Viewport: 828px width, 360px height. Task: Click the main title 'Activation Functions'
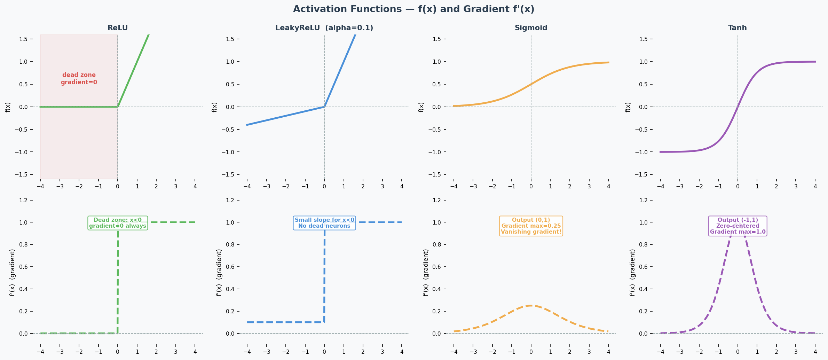[x=413, y=9]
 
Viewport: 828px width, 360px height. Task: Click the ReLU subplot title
[x=118, y=28]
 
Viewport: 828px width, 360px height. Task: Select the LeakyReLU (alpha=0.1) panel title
[x=324, y=28]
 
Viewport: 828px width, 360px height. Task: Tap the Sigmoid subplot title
[x=531, y=28]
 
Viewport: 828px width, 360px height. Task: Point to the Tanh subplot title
[x=737, y=28]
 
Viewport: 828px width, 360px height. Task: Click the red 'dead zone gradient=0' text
[x=79, y=79]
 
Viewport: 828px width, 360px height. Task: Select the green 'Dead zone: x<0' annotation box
[x=118, y=223]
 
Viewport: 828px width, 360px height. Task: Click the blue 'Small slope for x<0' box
[x=324, y=223]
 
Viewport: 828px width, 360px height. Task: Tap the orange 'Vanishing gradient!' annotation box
[x=531, y=226]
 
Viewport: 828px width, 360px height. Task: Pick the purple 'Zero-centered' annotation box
[x=738, y=226]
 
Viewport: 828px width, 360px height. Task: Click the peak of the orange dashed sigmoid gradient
[x=531, y=305]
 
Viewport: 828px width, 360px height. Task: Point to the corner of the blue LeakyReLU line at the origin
[x=324, y=107]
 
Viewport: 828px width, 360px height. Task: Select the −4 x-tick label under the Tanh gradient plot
[x=660, y=352]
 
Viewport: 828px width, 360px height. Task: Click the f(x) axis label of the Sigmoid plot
[x=421, y=107]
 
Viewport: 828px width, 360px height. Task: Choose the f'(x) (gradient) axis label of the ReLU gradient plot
[x=13, y=272]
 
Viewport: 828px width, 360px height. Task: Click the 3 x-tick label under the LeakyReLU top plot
[x=382, y=186]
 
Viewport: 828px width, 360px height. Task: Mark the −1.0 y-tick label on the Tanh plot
[x=641, y=152]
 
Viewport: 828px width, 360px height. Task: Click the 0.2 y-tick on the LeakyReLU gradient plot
[x=231, y=311]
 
